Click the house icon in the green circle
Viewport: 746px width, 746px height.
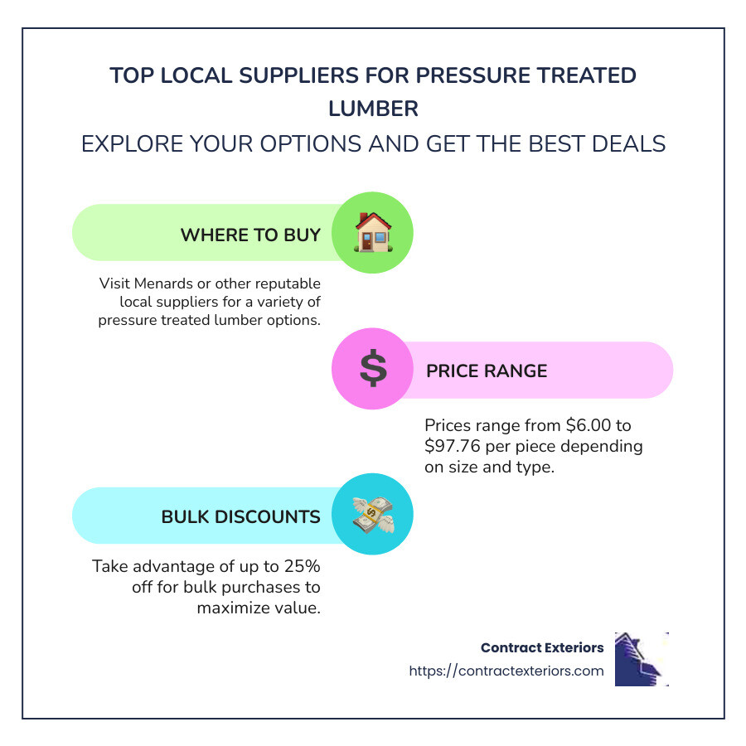pos(372,233)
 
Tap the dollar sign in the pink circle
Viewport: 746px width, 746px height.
pos(372,370)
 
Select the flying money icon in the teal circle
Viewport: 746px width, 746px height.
pos(372,515)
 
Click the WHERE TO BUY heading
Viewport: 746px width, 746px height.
pos(250,235)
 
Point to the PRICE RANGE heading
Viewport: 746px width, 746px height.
pos(487,371)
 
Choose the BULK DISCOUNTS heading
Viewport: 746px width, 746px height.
pos(240,516)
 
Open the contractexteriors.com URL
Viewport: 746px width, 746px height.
pos(506,671)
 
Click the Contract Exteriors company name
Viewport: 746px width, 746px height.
pos(542,647)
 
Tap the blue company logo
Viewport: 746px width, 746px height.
pos(641,659)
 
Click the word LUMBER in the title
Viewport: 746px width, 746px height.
pos(373,109)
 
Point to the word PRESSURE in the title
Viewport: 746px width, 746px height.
pos(473,75)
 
